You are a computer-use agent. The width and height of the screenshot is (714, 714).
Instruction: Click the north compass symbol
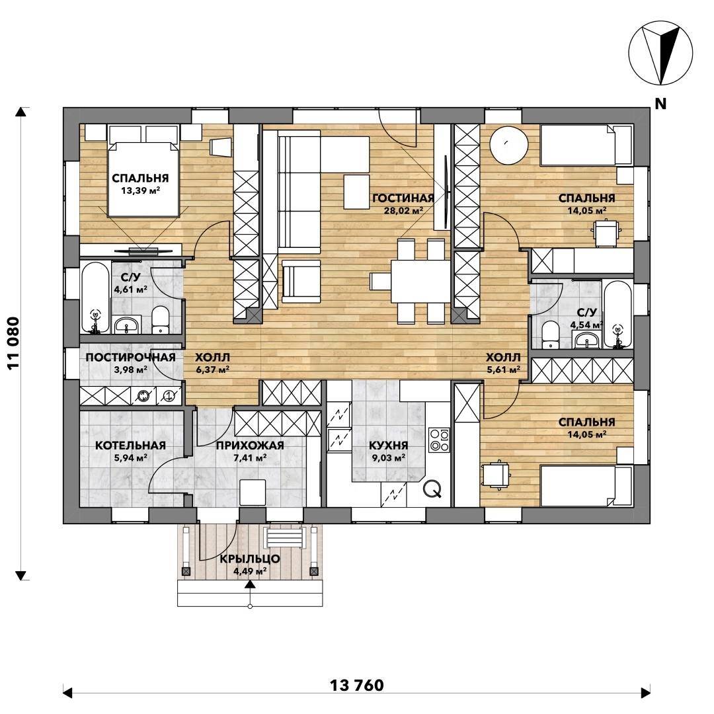[660, 53]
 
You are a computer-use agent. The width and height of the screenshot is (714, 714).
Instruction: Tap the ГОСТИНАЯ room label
[403, 198]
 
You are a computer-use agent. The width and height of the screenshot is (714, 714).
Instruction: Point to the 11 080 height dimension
[14, 343]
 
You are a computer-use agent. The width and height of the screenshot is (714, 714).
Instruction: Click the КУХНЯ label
[389, 446]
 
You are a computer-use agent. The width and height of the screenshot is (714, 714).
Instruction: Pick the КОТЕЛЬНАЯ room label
[130, 446]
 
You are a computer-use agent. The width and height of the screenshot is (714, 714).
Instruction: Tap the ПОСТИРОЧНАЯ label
[130, 357]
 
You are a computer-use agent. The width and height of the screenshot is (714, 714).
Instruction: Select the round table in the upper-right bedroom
[509, 145]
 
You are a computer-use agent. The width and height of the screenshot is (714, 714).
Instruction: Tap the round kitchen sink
[432, 489]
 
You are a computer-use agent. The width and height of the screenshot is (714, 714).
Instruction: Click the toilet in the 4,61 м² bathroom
[160, 320]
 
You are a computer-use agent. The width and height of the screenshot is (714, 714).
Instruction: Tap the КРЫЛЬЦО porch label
[250, 559]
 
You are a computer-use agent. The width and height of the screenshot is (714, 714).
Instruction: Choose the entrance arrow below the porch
[249, 584]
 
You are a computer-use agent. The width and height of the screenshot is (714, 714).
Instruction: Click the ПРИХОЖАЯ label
[250, 446]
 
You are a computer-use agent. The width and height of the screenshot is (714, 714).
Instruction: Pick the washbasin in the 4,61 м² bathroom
[126, 325]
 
